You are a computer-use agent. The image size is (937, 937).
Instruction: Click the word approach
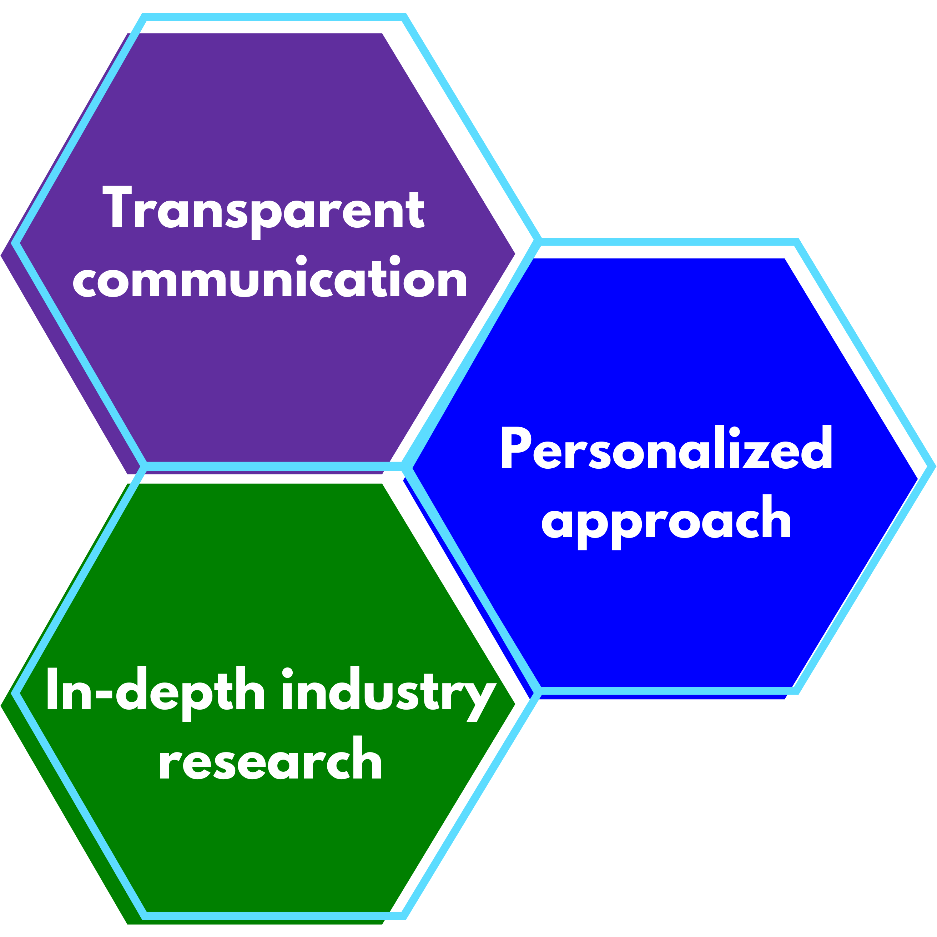pyautogui.click(x=666, y=524)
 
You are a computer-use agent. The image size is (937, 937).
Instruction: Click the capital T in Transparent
pyautogui.click(x=117, y=206)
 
